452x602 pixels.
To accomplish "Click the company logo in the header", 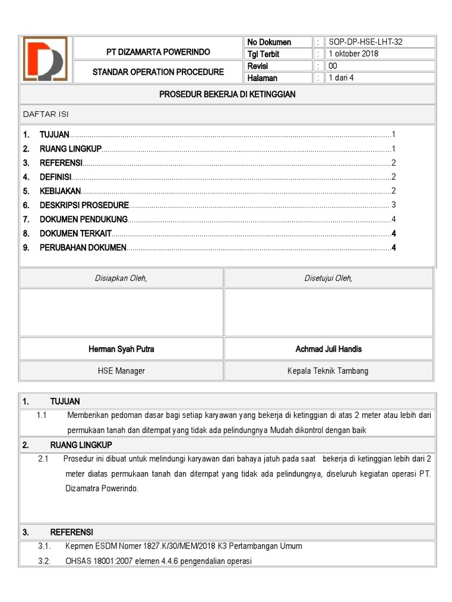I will click(x=45, y=59).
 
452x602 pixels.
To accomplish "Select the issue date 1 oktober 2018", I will click(x=354, y=54).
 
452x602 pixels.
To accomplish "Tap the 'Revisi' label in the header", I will click(x=258, y=66).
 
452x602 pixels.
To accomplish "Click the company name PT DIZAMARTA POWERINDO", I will click(x=158, y=52).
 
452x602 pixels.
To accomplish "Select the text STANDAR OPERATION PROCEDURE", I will click(x=158, y=72).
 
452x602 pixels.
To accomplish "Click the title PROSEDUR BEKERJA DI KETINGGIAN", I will click(x=227, y=94).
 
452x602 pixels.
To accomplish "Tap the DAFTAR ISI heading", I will click(x=46, y=114).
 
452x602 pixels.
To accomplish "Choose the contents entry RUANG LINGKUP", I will click(x=71, y=148).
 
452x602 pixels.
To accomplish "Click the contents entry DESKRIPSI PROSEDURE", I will click(x=84, y=205).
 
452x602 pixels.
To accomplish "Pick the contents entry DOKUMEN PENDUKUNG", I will click(x=84, y=219).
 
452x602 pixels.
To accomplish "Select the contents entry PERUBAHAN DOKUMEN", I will click(x=83, y=248).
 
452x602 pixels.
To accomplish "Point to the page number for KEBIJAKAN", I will click(x=393, y=191).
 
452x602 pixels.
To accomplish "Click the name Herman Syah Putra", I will click(x=121, y=349).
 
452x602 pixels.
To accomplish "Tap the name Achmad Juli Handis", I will click(x=328, y=349).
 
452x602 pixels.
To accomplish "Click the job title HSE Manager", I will click(x=121, y=371).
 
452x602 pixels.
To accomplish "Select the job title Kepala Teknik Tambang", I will click(x=328, y=371).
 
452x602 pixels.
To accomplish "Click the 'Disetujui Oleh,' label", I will click(x=328, y=279).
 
